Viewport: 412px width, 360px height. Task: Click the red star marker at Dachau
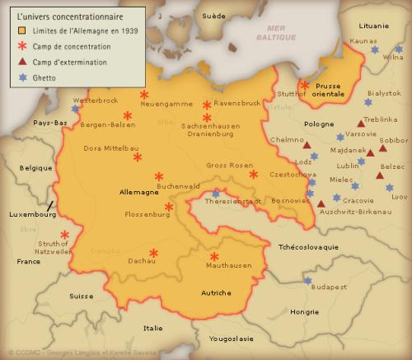pos(153,253)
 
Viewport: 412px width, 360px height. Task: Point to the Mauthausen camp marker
pos(214,256)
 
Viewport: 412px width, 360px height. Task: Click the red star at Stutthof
pos(305,85)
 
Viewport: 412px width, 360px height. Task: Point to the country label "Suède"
pos(213,16)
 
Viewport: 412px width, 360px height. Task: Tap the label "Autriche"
pos(216,292)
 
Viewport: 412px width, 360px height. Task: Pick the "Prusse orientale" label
pos(329,89)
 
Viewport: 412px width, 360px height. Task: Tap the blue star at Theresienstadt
pos(216,193)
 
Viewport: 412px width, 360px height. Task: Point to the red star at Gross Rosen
pos(254,174)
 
